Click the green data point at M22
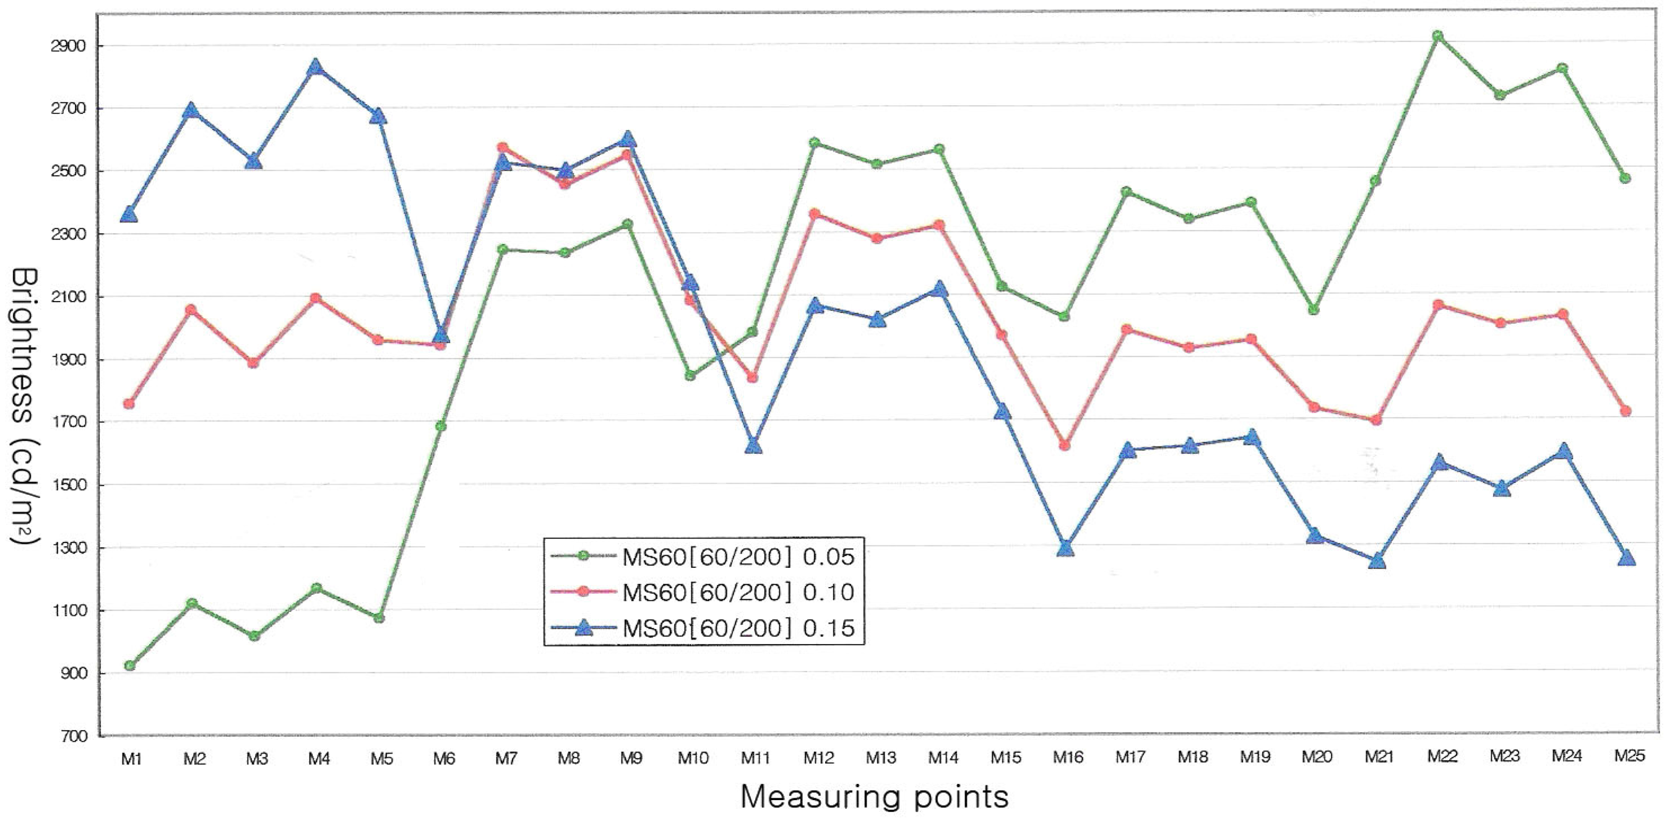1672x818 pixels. coord(1437,37)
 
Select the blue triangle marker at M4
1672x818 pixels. coord(316,67)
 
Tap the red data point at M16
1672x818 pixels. coord(1065,446)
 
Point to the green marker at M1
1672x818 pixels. coord(130,666)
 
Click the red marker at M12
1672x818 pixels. coord(815,214)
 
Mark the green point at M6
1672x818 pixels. coord(441,427)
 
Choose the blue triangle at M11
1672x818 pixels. coord(753,446)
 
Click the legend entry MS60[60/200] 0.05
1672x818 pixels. coord(738,556)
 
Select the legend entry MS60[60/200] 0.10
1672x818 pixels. coord(738,592)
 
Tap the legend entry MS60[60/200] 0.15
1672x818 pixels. coord(738,628)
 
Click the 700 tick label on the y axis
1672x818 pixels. coord(72,736)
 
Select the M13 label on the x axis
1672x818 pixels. coord(881,757)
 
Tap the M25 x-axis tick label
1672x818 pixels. coord(1629,755)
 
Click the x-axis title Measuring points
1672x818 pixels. coord(874,796)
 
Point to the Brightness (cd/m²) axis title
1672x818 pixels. coord(24,406)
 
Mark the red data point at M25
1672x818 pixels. coord(1626,411)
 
